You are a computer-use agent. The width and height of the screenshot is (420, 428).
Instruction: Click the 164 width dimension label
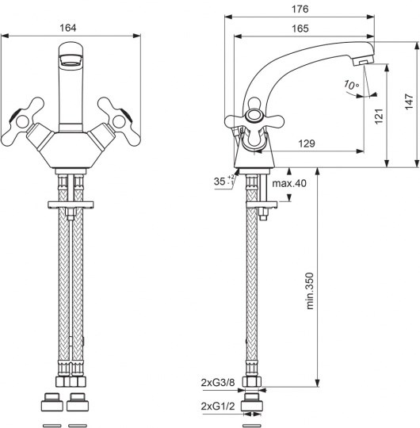point(68,28)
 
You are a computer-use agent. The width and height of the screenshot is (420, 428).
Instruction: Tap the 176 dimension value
point(300,9)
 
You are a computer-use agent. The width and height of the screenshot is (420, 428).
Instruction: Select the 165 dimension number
point(300,29)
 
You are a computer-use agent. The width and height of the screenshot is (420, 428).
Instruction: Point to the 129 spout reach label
point(307,143)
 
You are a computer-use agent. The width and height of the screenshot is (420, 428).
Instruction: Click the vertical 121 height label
point(379,117)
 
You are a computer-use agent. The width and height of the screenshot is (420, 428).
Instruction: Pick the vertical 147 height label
point(409,101)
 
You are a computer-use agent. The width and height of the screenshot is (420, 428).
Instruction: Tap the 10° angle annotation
point(351,85)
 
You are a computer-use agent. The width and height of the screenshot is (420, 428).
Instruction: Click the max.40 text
point(289,183)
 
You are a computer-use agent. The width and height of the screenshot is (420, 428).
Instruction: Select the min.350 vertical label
point(310,291)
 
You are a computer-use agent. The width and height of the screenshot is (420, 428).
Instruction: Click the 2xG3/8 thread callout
point(218,383)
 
